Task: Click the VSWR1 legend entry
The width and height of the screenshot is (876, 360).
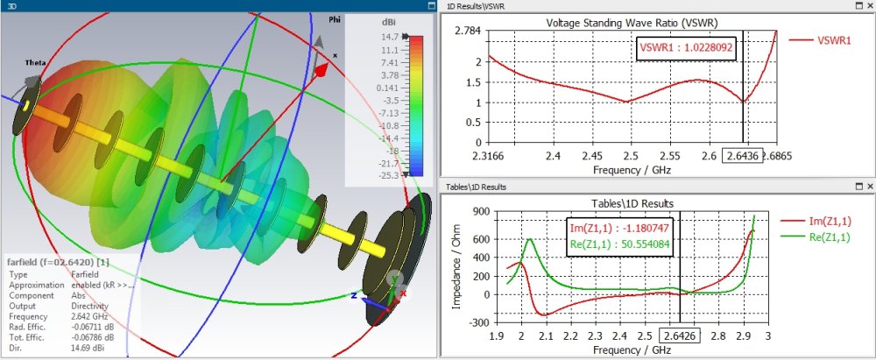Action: point(820,40)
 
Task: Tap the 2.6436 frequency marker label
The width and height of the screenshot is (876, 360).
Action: point(742,155)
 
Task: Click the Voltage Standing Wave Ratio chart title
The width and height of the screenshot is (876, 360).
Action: point(632,23)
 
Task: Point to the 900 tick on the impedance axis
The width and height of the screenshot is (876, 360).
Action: point(472,211)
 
